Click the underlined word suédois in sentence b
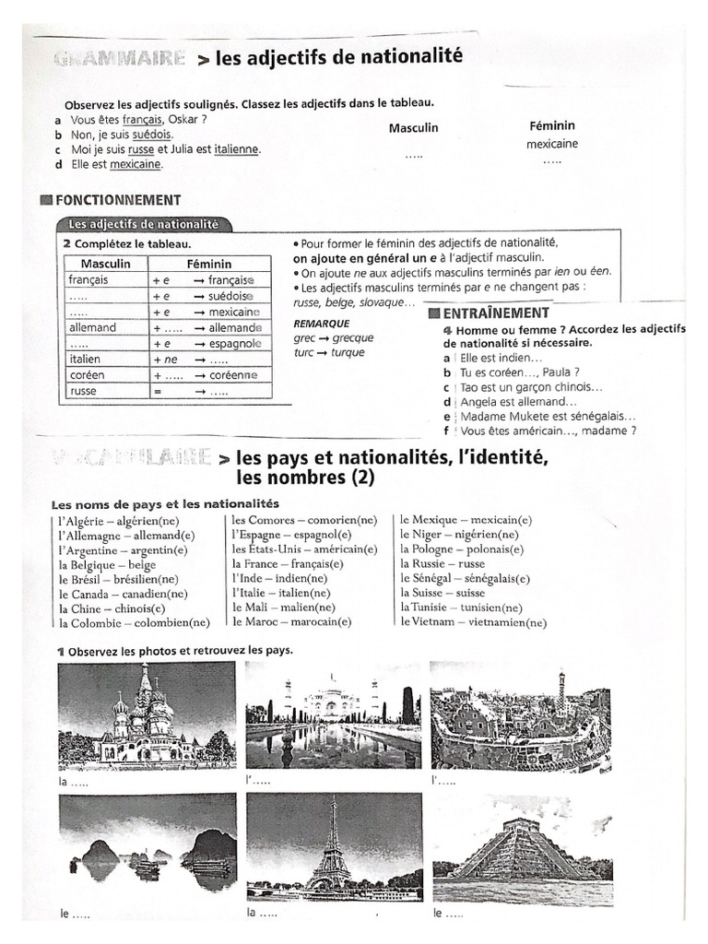(151, 135)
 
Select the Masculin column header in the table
(105, 264)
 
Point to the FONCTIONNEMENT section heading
(118, 200)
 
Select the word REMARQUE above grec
(321, 324)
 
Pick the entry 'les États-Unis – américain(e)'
(304, 549)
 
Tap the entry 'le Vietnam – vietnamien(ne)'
(473, 623)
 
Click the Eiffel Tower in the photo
(330, 853)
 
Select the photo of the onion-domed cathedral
(146, 715)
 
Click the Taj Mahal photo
(333, 717)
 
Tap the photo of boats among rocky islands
(147, 849)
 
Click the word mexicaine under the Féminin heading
(552, 145)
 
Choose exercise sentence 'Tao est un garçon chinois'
(532, 387)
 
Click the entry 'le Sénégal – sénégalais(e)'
(465, 579)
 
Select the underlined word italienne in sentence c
(237, 149)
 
